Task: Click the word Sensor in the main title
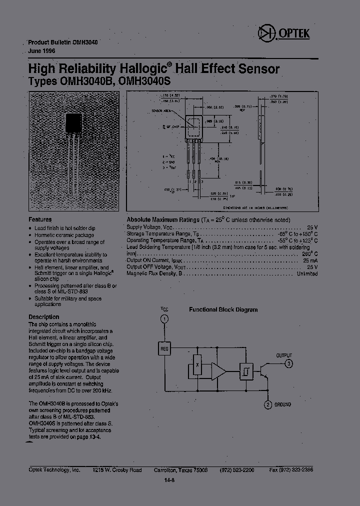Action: coord(257,69)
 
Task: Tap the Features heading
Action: coord(40,219)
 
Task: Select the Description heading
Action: coord(43,317)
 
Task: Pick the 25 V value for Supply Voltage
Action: coord(312,226)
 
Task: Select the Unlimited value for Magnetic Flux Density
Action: coord(307,274)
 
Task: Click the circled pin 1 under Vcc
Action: coord(164,319)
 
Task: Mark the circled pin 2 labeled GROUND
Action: coord(268,404)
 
